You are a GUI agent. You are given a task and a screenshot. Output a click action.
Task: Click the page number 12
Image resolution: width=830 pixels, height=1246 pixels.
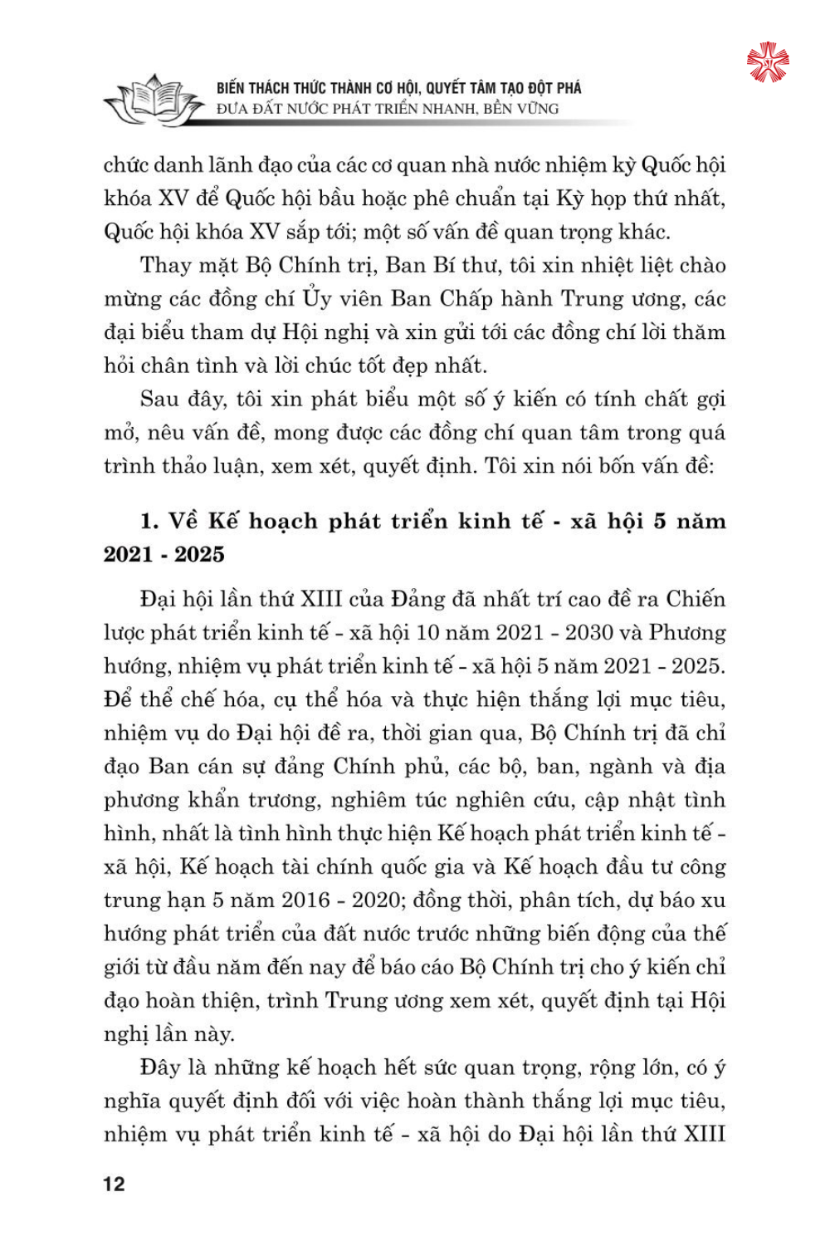click(115, 1184)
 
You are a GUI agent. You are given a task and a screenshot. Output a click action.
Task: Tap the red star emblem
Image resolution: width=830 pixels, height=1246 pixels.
click(768, 62)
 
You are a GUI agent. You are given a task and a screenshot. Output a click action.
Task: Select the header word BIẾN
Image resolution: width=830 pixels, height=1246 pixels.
click(231, 88)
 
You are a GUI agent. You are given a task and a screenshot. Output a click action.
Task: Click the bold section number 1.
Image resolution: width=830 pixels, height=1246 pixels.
click(149, 522)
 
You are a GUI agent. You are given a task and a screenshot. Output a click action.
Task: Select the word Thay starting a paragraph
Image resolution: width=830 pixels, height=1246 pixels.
click(166, 266)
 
